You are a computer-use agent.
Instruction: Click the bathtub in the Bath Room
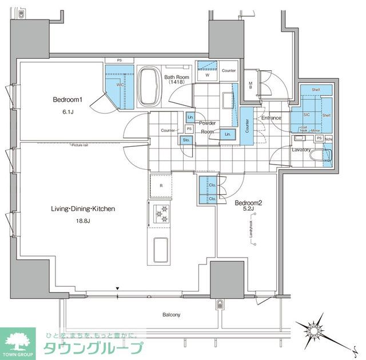click(150, 87)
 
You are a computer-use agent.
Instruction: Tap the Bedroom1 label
click(68, 99)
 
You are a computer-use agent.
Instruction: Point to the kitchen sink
click(160, 250)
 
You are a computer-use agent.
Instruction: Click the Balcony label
click(170, 315)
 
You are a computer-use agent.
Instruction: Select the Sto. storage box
click(186, 139)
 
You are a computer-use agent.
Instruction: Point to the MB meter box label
click(250, 86)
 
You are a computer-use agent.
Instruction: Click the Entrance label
click(270, 118)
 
